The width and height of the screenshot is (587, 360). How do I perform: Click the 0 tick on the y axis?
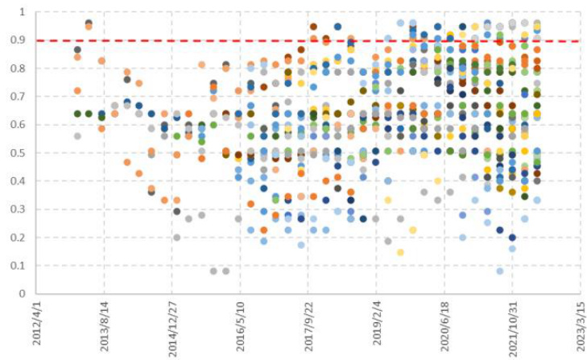(23, 293)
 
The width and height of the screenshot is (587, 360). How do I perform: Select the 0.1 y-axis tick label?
(18, 266)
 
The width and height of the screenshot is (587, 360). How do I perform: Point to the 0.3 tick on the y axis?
(18, 209)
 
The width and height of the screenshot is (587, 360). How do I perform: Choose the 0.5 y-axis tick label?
(18, 153)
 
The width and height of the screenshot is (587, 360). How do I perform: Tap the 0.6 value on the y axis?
(18, 125)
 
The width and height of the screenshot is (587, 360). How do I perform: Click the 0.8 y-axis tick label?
(18, 68)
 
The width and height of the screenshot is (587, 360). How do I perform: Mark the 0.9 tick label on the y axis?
(18, 40)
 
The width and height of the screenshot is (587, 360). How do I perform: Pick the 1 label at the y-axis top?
(23, 12)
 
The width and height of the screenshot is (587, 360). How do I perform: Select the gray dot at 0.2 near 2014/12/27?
(176, 237)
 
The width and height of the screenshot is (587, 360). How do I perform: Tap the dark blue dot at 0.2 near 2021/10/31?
(512, 238)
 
